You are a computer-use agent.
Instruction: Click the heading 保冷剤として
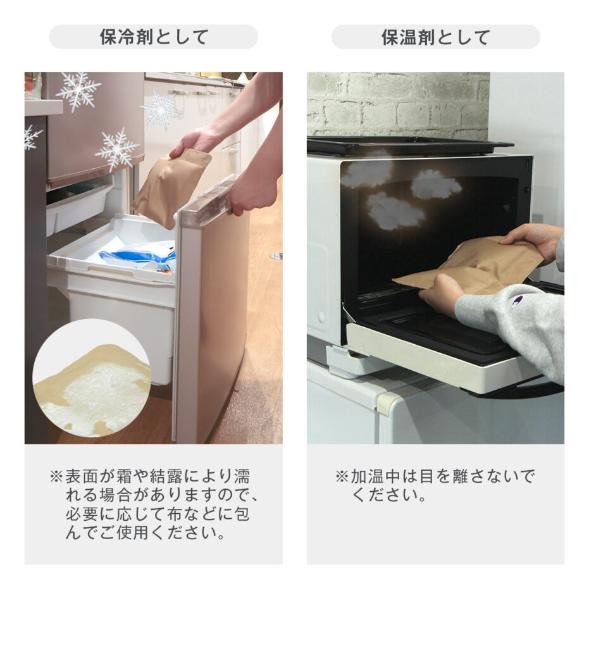pos(154,37)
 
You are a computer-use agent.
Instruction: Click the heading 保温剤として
pos(435,37)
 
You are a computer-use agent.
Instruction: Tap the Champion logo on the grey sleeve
pos(517,300)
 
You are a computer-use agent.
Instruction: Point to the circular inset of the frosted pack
pos(92,378)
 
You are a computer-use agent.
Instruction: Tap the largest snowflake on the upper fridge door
pos(78,91)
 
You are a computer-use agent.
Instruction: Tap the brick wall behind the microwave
pos(398,105)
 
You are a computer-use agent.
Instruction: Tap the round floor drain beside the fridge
pos(276,256)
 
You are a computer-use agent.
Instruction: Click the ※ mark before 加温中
pos(342,477)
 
